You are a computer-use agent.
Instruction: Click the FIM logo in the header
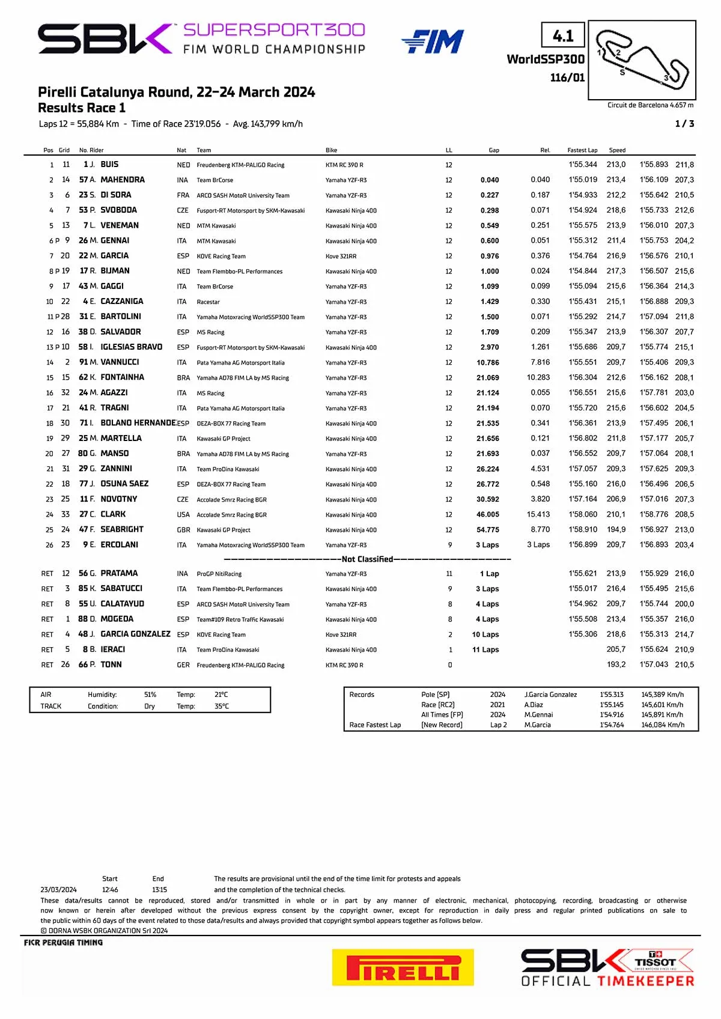click(433, 41)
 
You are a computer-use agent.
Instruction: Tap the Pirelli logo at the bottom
click(403, 967)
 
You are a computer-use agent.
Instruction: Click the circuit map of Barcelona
click(642, 60)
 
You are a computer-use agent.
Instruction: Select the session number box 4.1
click(563, 36)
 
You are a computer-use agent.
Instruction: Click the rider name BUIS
click(109, 165)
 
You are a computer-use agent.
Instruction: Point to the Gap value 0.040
click(490, 180)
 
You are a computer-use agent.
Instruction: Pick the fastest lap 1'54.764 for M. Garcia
click(583, 256)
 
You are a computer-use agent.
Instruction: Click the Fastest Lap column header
click(582, 150)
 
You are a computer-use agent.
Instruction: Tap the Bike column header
click(331, 150)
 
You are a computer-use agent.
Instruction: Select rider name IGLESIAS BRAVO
click(131, 347)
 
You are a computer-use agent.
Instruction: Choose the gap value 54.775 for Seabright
click(488, 530)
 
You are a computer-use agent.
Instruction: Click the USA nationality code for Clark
click(183, 515)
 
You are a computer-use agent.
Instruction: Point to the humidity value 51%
click(150, 695)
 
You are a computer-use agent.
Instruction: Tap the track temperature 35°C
click(221, 707)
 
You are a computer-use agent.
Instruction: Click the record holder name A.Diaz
click(534, 705)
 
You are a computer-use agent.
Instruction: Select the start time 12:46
click(110, 890)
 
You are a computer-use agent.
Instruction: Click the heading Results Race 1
click(82, 108)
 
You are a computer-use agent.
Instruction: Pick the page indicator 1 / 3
click(684, 124)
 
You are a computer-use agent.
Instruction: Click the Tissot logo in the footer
click(656, 961)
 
